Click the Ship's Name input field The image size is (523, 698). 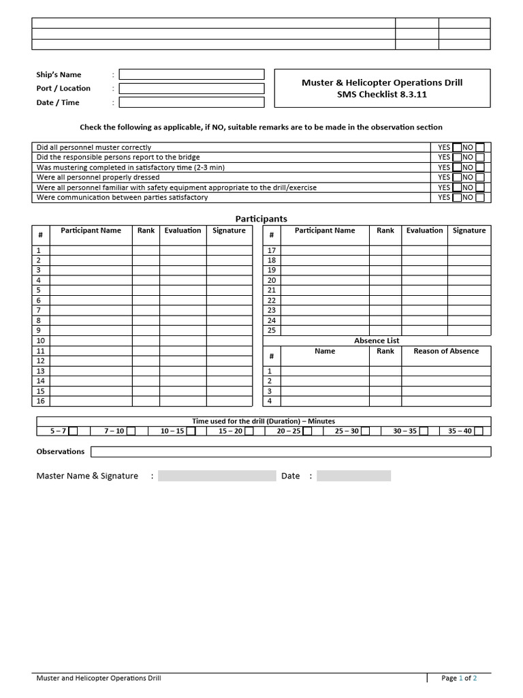191,74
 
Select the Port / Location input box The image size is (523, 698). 191,89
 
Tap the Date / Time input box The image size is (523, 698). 191,102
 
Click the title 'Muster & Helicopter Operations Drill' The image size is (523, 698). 382,82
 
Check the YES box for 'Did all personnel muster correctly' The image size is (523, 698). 457,147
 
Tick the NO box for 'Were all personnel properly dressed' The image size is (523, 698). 480,177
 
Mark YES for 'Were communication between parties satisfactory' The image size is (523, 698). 457,198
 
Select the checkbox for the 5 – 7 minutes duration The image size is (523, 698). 74,431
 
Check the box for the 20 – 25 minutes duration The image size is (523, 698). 306,431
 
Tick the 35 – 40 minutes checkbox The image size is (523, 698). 479,431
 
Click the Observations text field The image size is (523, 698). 291,452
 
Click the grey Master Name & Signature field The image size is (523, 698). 217,476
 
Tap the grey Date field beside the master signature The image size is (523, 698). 353,476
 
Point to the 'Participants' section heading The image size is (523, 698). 261,219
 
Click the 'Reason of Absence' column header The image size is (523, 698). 446,351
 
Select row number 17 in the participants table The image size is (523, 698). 272,250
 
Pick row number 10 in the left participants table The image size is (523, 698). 40,341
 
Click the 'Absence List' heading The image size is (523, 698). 377,341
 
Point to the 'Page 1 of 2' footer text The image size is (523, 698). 459,678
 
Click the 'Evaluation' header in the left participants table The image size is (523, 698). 183,230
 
